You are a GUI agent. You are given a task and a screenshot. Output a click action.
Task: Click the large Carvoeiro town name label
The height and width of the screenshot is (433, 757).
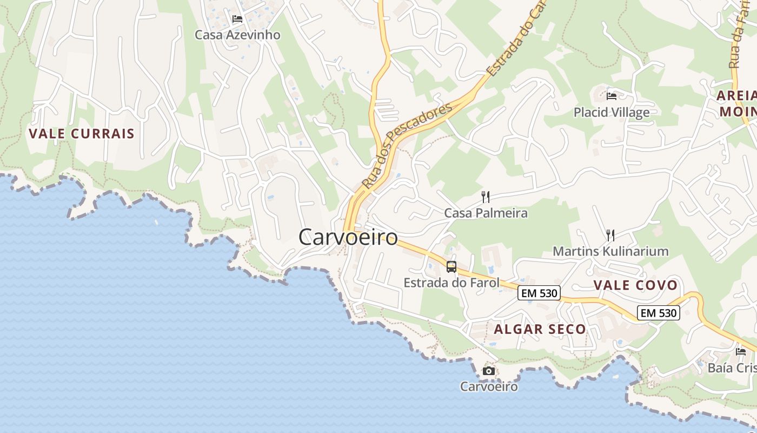pos(348,237)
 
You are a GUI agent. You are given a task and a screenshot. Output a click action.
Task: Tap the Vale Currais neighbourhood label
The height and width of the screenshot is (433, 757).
pos(81,134)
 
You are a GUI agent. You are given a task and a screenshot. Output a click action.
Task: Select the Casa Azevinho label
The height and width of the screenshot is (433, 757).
pos(237,35)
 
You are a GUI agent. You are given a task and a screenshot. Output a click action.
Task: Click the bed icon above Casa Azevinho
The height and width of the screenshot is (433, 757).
pos(237,19)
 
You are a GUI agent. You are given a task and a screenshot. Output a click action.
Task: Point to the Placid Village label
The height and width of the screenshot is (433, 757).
pos(612,113)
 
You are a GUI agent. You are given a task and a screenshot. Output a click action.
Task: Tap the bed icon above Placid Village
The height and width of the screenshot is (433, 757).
pos(612,96)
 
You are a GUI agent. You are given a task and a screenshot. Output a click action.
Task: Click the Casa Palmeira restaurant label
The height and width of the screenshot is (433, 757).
pos(486,213)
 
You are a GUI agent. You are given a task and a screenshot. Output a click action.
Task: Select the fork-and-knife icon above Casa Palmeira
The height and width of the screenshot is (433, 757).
pos(486,197)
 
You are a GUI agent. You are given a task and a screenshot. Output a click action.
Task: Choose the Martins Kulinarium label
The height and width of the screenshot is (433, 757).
pos(610,251)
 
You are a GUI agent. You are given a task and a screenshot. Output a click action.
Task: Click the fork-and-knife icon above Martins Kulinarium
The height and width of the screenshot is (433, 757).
pos(610,235)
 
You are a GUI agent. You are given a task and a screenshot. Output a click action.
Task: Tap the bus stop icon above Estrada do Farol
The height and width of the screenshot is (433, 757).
pos(451,266)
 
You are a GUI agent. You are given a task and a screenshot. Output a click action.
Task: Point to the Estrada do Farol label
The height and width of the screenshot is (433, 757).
pos(451,283)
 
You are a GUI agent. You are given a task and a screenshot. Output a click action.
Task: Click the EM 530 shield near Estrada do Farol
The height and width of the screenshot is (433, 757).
pos(538,293)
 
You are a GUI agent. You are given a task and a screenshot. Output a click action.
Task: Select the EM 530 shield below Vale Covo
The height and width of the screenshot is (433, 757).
pos(658,313)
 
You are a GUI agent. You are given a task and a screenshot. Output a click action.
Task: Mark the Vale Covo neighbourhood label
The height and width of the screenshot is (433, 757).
pos(635,285)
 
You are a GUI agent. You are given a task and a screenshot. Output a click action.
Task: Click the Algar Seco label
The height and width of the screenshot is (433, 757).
pos(540,329)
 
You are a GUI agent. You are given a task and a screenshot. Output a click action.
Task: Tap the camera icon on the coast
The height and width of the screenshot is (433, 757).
pos(489,371)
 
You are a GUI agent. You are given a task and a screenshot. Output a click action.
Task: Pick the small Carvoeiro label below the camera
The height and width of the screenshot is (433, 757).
pos(489,386)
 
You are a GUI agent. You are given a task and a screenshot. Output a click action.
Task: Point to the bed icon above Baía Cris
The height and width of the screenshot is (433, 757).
pos(741,351)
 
